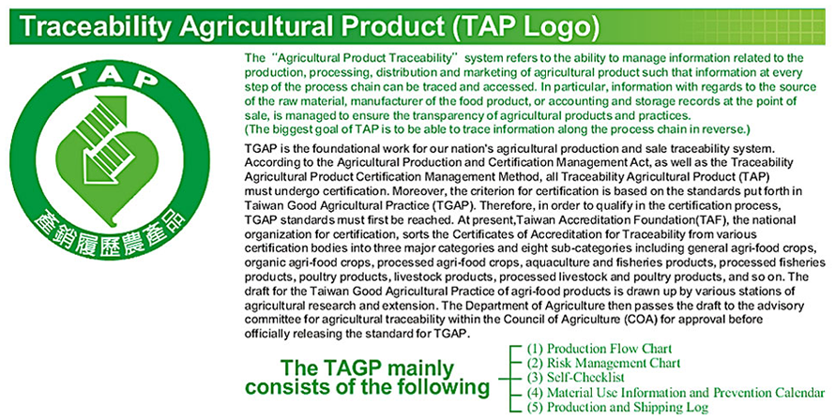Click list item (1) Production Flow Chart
(x=600, y=349)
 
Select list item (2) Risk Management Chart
(x=603, y=363)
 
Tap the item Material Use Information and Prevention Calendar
(x=686, y=393)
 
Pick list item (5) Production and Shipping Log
(x=617, y=408)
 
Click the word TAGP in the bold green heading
(x=352, y=368)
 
